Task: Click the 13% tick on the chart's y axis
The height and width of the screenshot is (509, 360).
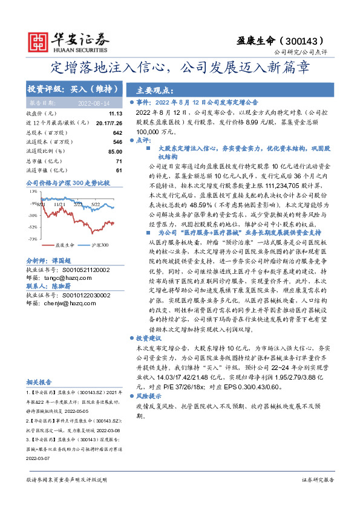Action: tap(33, 190)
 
